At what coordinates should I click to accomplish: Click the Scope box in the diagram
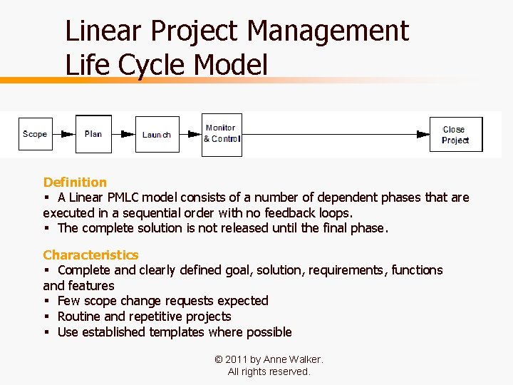(35, 134)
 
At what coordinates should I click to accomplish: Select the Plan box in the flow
(93, 134)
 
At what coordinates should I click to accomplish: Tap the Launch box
(157, 134)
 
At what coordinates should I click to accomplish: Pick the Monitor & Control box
(222, 134)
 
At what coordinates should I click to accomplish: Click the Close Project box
(455, 134)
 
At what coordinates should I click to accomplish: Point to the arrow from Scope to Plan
(64, 134)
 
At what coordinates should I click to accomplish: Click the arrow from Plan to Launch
(123, 134)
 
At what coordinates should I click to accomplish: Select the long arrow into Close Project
(335, 134)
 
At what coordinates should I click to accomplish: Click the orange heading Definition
(75, 183)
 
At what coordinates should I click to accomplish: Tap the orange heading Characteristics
(90, 255)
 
